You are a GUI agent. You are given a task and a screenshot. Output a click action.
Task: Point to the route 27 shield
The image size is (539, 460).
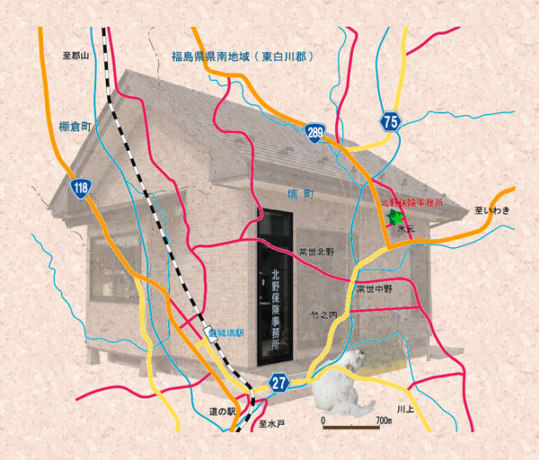click(x=280, y=384)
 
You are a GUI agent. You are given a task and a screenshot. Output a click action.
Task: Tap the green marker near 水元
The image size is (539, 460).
click(x=393, y=217)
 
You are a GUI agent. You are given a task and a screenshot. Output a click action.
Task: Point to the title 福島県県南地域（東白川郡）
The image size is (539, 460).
click(x=242, y=57)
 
